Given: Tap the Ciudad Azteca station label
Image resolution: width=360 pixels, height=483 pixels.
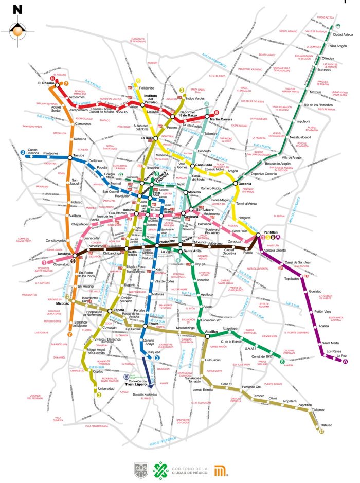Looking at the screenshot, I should pyautogui.click(x=343, y=35).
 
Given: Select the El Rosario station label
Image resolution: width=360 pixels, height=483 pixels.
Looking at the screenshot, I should pyautogui.click(x=46, y=82).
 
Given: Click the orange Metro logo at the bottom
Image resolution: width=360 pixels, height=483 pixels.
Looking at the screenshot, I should pyautogui.click(x=221, y=470).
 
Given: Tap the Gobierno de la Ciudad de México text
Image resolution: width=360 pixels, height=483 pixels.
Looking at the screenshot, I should pyautogui.click(x=190, y=470).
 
